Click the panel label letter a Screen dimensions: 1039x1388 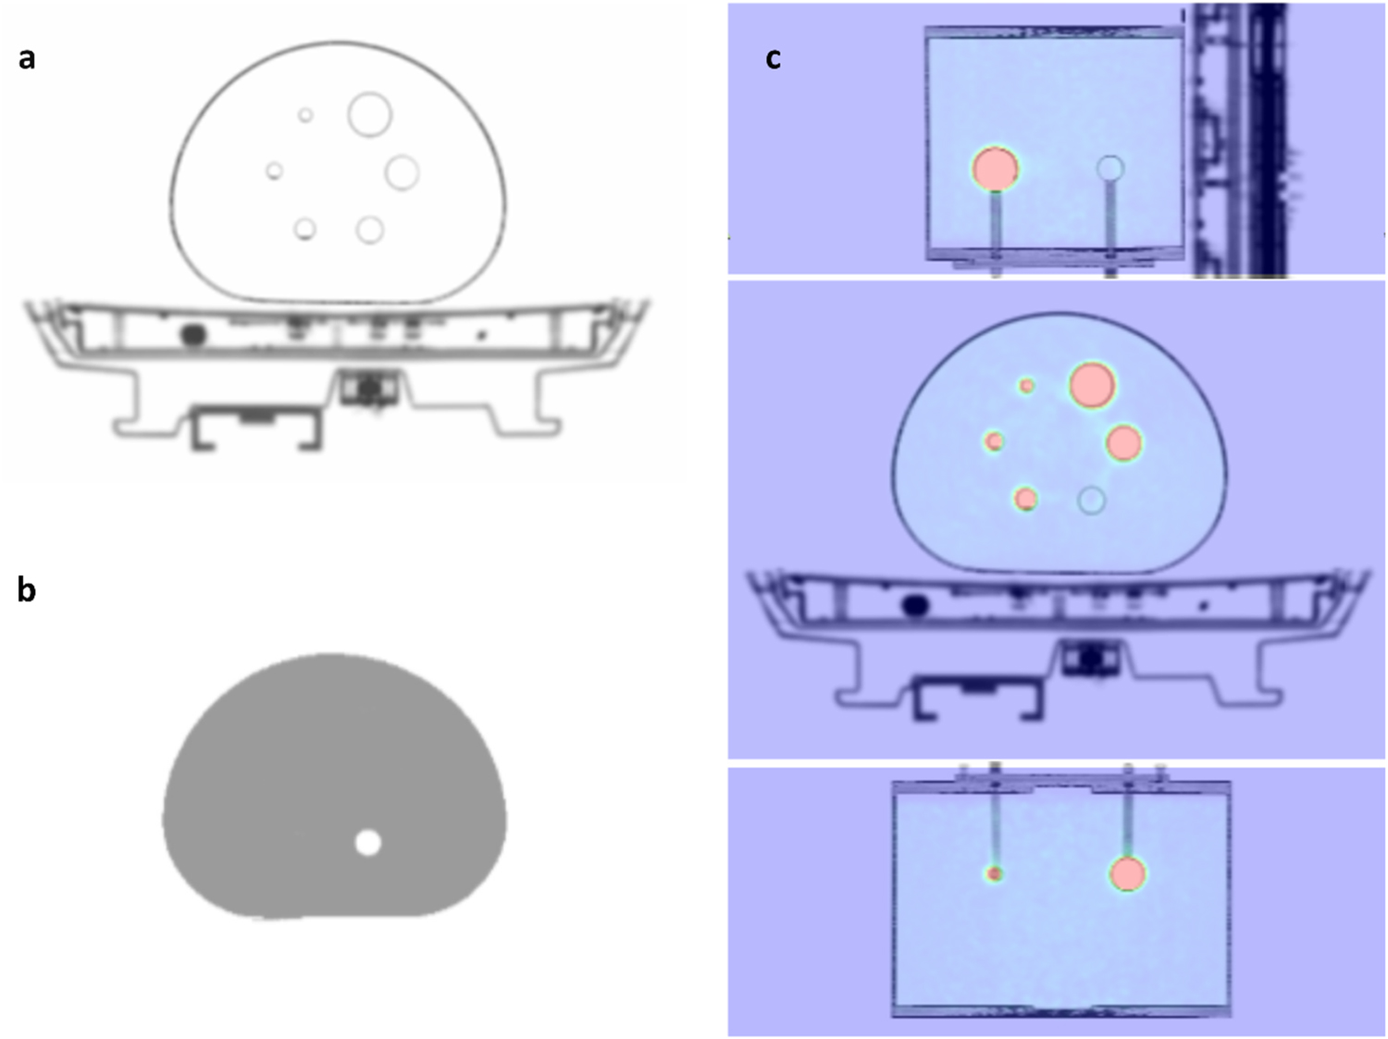tap(27, 58)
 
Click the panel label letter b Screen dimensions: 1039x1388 tap(27, 588)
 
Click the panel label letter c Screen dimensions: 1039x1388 tap(773, 58)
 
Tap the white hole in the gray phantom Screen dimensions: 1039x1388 tap(368, 843)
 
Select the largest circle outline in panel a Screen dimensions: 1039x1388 tap(369, 115)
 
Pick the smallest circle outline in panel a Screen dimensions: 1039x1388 tap(305, 116)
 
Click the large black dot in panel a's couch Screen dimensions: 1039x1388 tap(192, 335)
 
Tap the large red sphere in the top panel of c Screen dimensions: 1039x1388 tap(995, 169)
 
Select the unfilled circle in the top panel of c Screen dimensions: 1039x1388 tap(1110, 168)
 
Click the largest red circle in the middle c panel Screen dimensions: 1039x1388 tap(1092, 385)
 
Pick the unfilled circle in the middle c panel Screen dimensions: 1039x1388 tap(1092, 501)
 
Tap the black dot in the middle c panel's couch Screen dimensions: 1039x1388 tap(915, 606)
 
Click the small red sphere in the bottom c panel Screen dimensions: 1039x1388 tap(995, 873)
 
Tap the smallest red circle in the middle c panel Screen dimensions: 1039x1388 tap(1026, 386)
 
